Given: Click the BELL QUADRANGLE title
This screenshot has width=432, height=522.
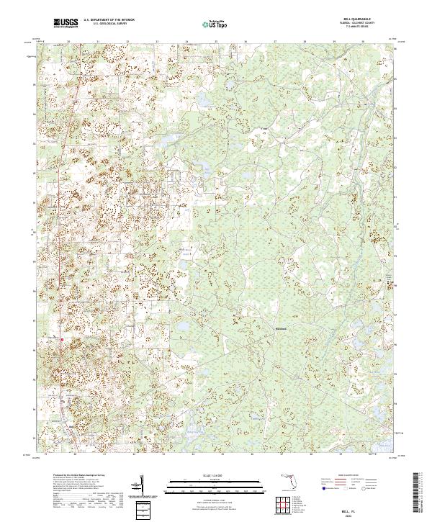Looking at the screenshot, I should pos(366,20).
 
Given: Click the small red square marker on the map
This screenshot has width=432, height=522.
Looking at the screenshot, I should pos(63,338).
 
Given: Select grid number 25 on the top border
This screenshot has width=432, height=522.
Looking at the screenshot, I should pos(215,42).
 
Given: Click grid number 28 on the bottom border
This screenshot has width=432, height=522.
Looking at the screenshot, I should pos(305,455).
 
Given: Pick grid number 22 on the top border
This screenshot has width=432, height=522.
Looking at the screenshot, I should pos(127,42).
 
